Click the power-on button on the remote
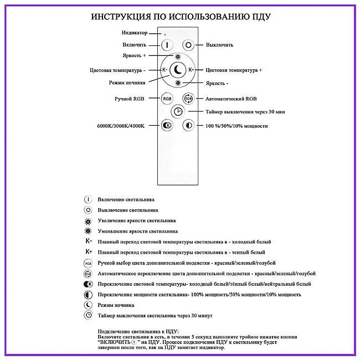(167, 45)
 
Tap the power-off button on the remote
(188, 45)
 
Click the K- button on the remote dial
(165, 70)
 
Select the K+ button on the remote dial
(191, 70)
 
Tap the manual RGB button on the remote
(167, 98)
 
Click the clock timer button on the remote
(178, 111)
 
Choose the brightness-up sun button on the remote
(178, 57)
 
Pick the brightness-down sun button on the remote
(178, 83)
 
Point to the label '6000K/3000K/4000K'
(120, 126)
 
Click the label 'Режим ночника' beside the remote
(127, 83)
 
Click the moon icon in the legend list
(88, 305)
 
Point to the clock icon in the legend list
(88, 315)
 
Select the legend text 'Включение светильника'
(126, 199)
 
